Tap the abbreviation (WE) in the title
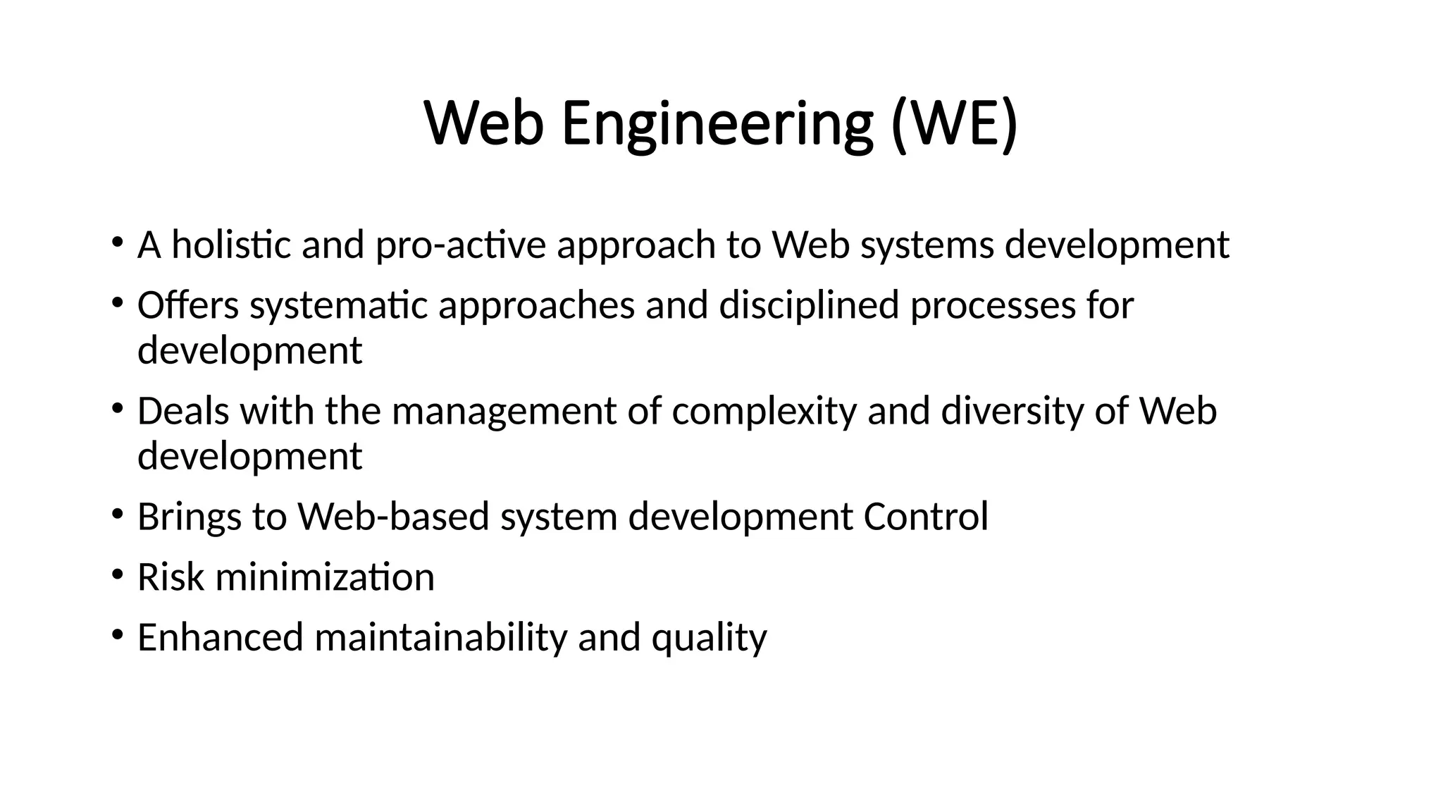pyautogui.click(x=954, y=125)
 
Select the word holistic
pyautogui.click(x=231, y=245)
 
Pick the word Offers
pyautogui.click(x=188, y=305)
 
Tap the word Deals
pyautogui.click(x=183, y=411)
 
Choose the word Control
pyautogui.click(x=926, y=517)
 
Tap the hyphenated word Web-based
pyautogui.click(x=393, y=517)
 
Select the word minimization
pyautogui.click(x=325, y=577)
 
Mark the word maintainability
pyautogui.click(x=440, y=637)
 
